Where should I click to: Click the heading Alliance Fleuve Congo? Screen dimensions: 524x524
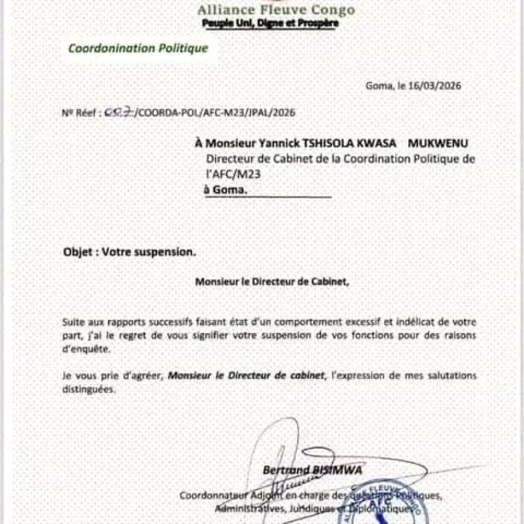(x=276, y=10)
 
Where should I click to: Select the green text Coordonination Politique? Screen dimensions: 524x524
(x=138, y=48)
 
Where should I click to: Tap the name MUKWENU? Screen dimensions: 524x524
(x=438, y=143)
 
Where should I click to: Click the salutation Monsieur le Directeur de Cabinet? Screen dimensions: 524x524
(x=272, y=280)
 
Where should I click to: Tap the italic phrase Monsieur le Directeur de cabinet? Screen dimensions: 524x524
(x=246, y=375)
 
